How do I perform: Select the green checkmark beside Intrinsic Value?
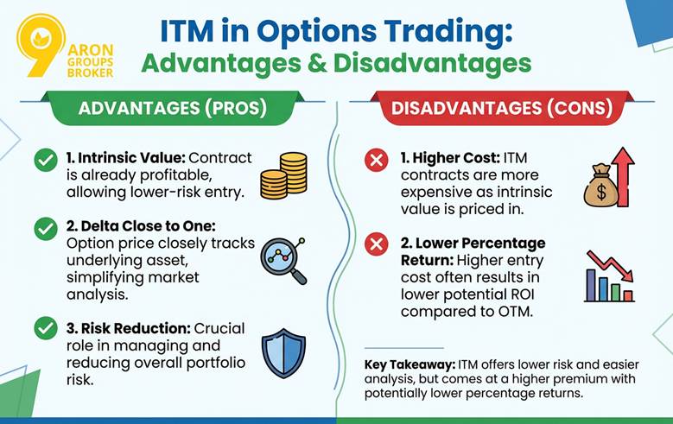click(x=46, y=161)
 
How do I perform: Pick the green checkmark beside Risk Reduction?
click(x=46, y=328)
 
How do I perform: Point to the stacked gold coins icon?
click(x=283, y=175)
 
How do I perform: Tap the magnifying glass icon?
click(x=284, y=259)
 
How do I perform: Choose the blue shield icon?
click(x=283, y=351)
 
